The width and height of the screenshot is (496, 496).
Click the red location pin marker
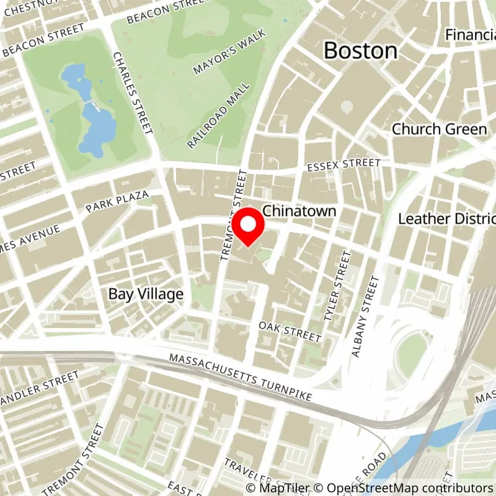[249, 228]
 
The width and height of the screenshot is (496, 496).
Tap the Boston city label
[360, 50]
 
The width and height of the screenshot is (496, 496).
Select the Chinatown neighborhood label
[299, 211]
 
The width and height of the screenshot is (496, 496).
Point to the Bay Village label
[146, 294]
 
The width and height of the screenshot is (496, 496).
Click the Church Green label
[439, 129]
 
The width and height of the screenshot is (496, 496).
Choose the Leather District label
[446, 219]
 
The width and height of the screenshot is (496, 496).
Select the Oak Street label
[290, 332]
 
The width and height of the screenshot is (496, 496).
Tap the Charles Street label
[132, 93]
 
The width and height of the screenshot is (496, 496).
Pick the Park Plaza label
[118, 202]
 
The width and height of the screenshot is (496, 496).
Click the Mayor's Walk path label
[229, 51]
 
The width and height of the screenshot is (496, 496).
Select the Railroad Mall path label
[219, 115]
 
